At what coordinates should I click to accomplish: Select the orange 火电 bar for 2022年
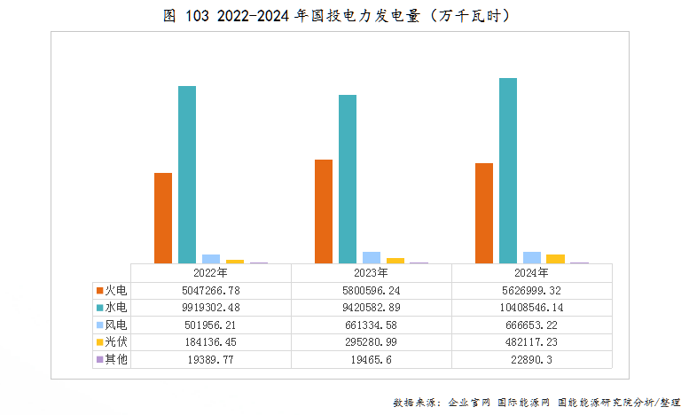[x=163, y=218]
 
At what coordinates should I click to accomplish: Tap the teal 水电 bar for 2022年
[x=187, y=175]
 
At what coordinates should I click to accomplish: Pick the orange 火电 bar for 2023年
[x=324, y=211]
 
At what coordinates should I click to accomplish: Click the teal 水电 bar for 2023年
[x=348, y=179]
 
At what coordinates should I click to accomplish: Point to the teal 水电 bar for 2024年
[x=508, y=171]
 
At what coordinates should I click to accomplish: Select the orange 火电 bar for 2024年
[x=484, y=213]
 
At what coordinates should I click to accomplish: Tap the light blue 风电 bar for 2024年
[x=532, y=258]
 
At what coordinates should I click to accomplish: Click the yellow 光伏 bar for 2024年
[x=556, y=259]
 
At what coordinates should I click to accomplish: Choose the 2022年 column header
[x=210, y=273]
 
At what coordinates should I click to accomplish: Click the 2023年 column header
[x=371, y=273]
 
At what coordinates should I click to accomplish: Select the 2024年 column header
[x=531, y=273]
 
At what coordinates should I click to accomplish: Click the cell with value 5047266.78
[x=210, y=290]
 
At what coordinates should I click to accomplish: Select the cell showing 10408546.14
[x=531, y=308]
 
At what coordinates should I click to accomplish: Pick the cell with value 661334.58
[x=371, y=325]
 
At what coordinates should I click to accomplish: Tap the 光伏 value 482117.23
[x=531, y=342]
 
